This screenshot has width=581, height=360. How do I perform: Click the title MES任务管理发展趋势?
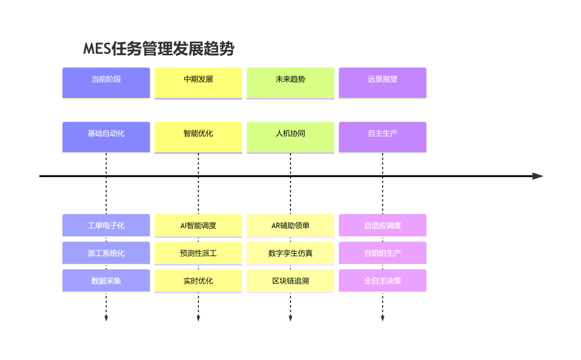point(159,49)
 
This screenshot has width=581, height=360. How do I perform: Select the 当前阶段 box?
point(106,83)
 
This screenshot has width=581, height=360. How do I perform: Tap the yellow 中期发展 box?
point(198,83)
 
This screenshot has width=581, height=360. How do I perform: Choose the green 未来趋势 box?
point(290,83)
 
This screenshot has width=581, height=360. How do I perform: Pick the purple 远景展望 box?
point(382,83)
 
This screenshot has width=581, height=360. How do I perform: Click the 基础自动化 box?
point(106,137)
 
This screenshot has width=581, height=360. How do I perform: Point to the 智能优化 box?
point(198,137)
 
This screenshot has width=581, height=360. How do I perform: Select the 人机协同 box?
point(290,137)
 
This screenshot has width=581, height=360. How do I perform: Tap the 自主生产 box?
point(382,137)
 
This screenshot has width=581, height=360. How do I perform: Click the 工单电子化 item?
point(106,225)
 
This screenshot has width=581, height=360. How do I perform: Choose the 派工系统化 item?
point(106,253)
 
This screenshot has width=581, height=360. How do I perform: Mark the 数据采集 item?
point(106,281)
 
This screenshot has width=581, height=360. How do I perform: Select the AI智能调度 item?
point(198,225)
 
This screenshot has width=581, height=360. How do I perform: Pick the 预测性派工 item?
point(198,253)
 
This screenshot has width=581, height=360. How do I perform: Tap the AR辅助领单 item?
point(290,225)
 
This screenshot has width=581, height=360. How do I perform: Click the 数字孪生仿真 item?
point(290,253)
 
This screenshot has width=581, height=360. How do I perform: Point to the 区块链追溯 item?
point(290,281)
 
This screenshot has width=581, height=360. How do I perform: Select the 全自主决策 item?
point(382,281)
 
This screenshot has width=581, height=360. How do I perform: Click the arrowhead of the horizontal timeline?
point(538,176)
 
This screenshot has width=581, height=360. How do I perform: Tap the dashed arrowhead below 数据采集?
point(106,318)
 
